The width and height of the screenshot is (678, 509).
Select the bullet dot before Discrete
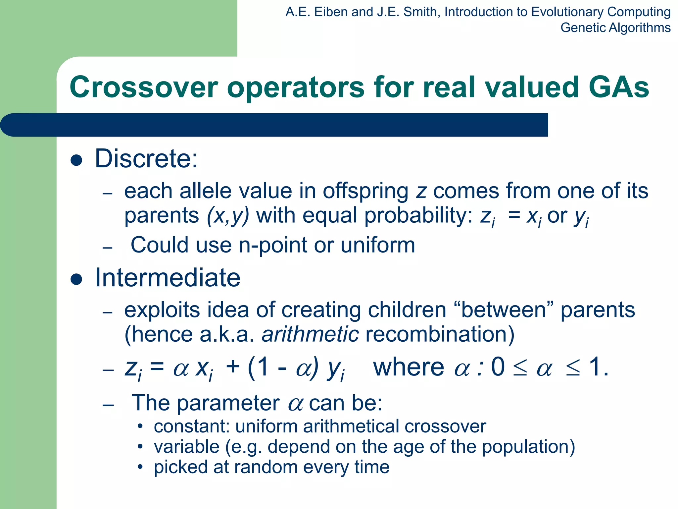(76, 160)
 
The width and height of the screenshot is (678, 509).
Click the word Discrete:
(146, 159)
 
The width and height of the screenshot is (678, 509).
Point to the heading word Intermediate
(168, 278)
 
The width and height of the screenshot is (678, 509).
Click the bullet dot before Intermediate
(76, 279)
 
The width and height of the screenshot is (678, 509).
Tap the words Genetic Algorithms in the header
(615, 28)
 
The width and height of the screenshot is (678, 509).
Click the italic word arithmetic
(310, 334)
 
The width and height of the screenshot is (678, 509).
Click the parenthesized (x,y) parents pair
(228, 216)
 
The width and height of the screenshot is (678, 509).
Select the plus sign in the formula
(232, 368)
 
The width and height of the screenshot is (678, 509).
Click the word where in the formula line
(409, 368)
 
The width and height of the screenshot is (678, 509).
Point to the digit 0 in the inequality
(498, 368)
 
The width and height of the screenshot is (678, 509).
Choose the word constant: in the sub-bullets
(192, 426)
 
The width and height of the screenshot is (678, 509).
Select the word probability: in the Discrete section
(418, 216)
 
